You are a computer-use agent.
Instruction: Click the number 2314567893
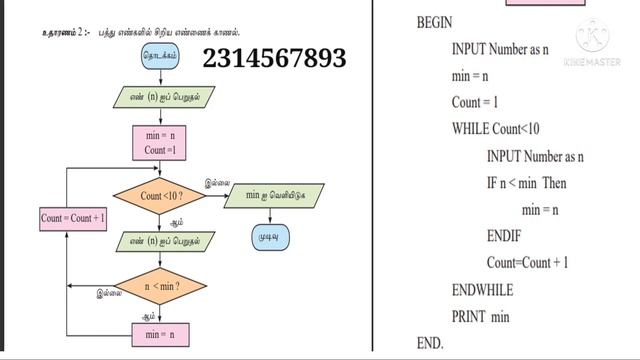(274, 58)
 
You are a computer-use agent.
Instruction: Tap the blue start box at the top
(160, 57)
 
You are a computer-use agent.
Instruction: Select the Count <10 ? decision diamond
(159, 196)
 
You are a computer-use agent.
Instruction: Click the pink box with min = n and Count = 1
(160, 143)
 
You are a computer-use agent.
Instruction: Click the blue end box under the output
(269, 238)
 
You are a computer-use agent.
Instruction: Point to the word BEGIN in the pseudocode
(434, 21)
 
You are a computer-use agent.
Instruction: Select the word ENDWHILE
(482, 290)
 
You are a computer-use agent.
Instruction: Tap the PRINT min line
(480, 317)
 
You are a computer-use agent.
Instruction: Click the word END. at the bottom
(429, 343)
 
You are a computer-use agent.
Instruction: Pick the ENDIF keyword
(509, 237)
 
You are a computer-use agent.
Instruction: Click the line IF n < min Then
(526, 183)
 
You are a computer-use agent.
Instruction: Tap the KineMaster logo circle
(597, 40)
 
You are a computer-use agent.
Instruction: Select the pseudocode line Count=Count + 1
(527, 263)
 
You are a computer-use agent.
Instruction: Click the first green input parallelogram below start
(160, 98)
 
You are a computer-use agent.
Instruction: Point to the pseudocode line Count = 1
(475, 102)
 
